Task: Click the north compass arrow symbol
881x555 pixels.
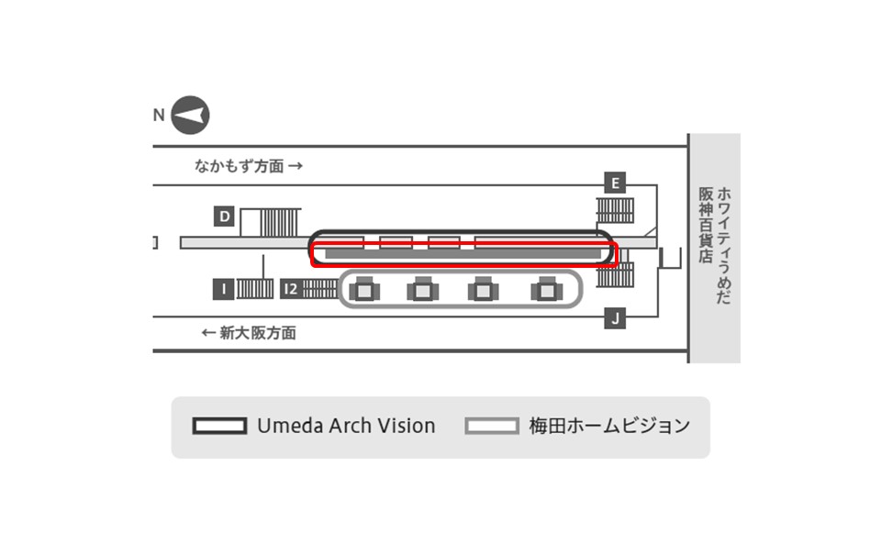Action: (190, 116)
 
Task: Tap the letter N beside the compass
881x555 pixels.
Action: (159, 116)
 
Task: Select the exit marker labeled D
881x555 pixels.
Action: (224, 216)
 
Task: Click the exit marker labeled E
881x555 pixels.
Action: (615, 183)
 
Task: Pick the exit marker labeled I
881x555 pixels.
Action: (224, 289)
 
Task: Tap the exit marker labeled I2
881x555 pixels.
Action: (291, 289)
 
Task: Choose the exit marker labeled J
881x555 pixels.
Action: (615, 318)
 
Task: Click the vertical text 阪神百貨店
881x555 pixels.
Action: (706, 226)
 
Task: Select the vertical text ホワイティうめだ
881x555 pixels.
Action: (724, 246)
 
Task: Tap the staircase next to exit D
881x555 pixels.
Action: (280, 222)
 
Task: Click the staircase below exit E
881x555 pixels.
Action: (615, 210)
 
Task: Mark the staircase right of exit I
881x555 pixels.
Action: (255, 289)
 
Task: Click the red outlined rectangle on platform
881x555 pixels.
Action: (464, 255)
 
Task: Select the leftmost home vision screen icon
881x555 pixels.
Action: (364, 289)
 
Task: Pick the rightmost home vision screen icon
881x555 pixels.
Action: (547, 289)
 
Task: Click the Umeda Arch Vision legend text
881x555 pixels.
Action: (346, 426)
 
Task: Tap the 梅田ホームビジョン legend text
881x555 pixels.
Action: (609, 426)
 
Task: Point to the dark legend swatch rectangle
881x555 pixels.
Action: (219, 426)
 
